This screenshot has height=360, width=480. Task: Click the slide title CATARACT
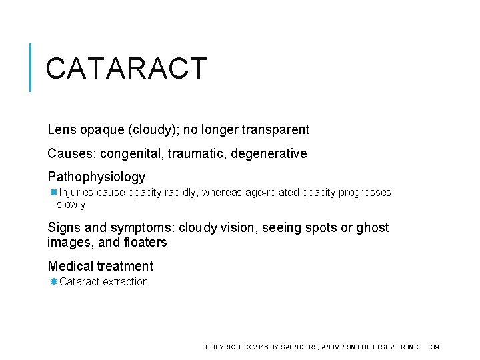click(x=127, y=68)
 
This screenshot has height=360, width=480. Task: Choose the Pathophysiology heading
click(x=96, y=177)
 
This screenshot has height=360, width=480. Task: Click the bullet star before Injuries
click(x=54, y=192)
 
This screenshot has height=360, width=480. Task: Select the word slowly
click(x=71, y=205)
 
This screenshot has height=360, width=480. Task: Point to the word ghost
click(x=373, y=228)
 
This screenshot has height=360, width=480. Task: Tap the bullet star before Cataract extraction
click(x=54, y=281)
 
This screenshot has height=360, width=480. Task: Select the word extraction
click(x=125, y=282)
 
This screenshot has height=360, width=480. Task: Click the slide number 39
click(x=435, y=347)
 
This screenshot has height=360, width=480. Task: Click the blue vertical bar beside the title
click(x=31, y=67)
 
